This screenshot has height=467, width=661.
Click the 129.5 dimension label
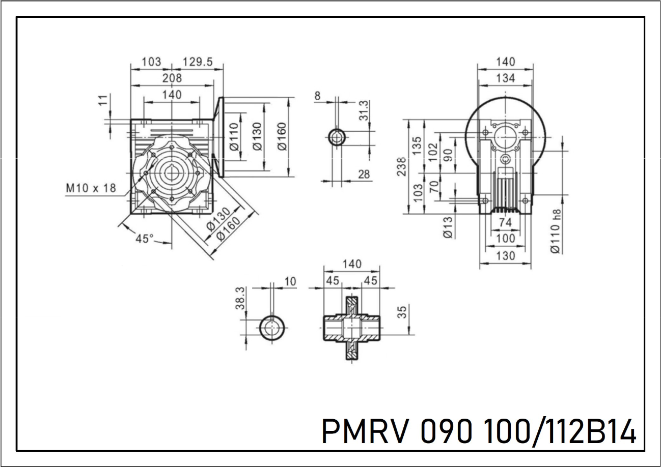pyautogui.click(x=198, y=62)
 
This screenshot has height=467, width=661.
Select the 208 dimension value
pyautogui.click(x=172, y=78)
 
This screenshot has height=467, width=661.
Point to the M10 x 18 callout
pyautogui.click(x=91, y=188)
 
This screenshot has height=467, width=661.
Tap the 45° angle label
pyautogui.click(x=145, y=238)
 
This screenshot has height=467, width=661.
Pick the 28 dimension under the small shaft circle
pyautogui.click(x=364, y=174)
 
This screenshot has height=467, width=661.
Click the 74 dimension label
pyautogui.click(x=505, y=222)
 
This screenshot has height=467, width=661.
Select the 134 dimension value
pyautogui.click(x=505, y=78)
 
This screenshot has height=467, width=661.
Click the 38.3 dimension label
pyautogui.click(x=241, y=298)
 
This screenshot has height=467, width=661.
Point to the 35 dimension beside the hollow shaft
pyautogui.click(x=402, y=311)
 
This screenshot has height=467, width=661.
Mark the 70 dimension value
pyautogui.click(x=433, y=187)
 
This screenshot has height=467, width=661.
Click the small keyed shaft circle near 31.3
pyautogui.click(x=337, y=137)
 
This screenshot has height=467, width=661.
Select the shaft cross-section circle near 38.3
pyautogui.click(x=272, y=328)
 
